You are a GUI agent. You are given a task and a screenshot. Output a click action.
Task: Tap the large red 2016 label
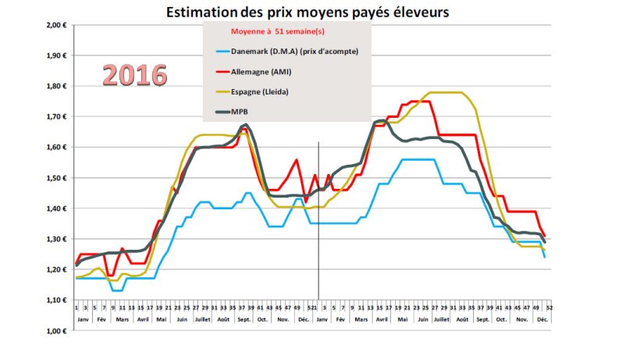point(135,75)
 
